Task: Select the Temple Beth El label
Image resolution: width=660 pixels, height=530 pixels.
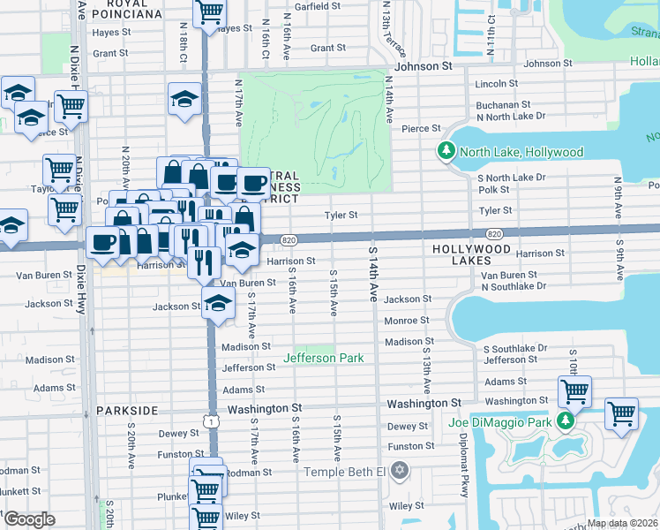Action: click(346, 471)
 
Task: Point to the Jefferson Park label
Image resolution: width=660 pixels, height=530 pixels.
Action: click(324, 358)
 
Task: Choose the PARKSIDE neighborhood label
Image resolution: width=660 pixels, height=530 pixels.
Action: click(126, 411)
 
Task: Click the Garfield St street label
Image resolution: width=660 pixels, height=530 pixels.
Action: click(317, 6)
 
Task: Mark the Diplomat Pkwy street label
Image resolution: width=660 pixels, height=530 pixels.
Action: click(462, 476)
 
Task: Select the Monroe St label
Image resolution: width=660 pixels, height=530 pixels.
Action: click(407, 321)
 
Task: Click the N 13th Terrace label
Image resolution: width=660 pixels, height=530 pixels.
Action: click(386, 26)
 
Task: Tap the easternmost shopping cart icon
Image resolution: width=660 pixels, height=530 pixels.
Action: click(621, 413)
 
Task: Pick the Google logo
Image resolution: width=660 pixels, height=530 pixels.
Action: click(29, 519)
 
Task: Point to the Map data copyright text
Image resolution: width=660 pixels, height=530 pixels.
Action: click(620, 523)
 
